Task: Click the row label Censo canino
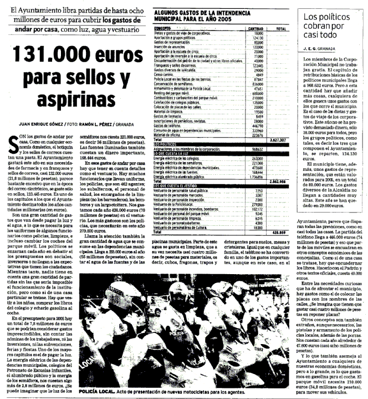[x=165, y=74]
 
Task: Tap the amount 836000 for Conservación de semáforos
[x=254, y=83]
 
